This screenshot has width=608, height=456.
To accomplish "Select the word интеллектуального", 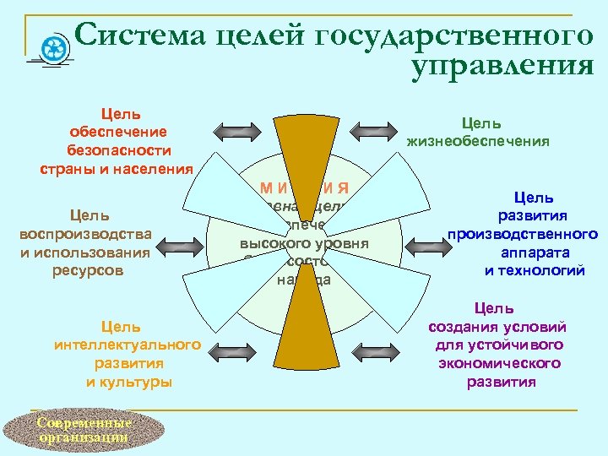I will pyautogui.click(x=128, y=345).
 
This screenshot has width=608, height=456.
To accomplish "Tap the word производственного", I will pyautogui.click(x=523, y=234).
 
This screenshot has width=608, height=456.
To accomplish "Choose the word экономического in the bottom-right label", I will pyautogui.click(x=500, y=363).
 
